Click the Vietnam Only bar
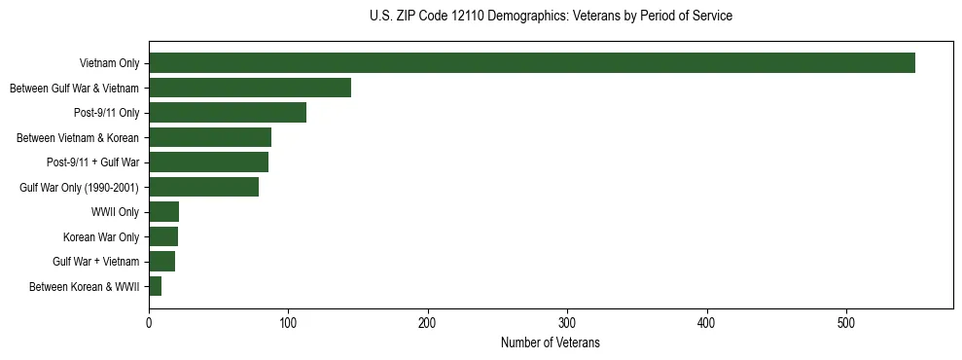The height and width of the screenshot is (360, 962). coord(531,63)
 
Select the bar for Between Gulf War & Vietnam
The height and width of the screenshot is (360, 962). coord(250,88)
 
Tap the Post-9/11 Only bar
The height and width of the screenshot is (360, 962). coord(228,113)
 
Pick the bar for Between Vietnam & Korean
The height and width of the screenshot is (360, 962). coord(210,137)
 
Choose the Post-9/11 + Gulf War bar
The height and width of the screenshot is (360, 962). coord(208,162)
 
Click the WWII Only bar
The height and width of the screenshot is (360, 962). coord(163,212)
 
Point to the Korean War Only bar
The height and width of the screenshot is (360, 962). coord(163,236)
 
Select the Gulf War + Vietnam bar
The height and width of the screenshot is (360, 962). coord(161,262)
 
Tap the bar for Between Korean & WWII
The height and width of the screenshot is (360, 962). coord(156,286)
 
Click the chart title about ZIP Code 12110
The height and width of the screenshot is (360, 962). coord(551,17)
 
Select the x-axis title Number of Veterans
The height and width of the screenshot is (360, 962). coord(551,343)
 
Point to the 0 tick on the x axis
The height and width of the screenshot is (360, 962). coord(149,323)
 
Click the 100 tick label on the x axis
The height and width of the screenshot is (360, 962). coord(288,323)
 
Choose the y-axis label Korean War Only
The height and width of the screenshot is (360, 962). coord(101,237)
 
